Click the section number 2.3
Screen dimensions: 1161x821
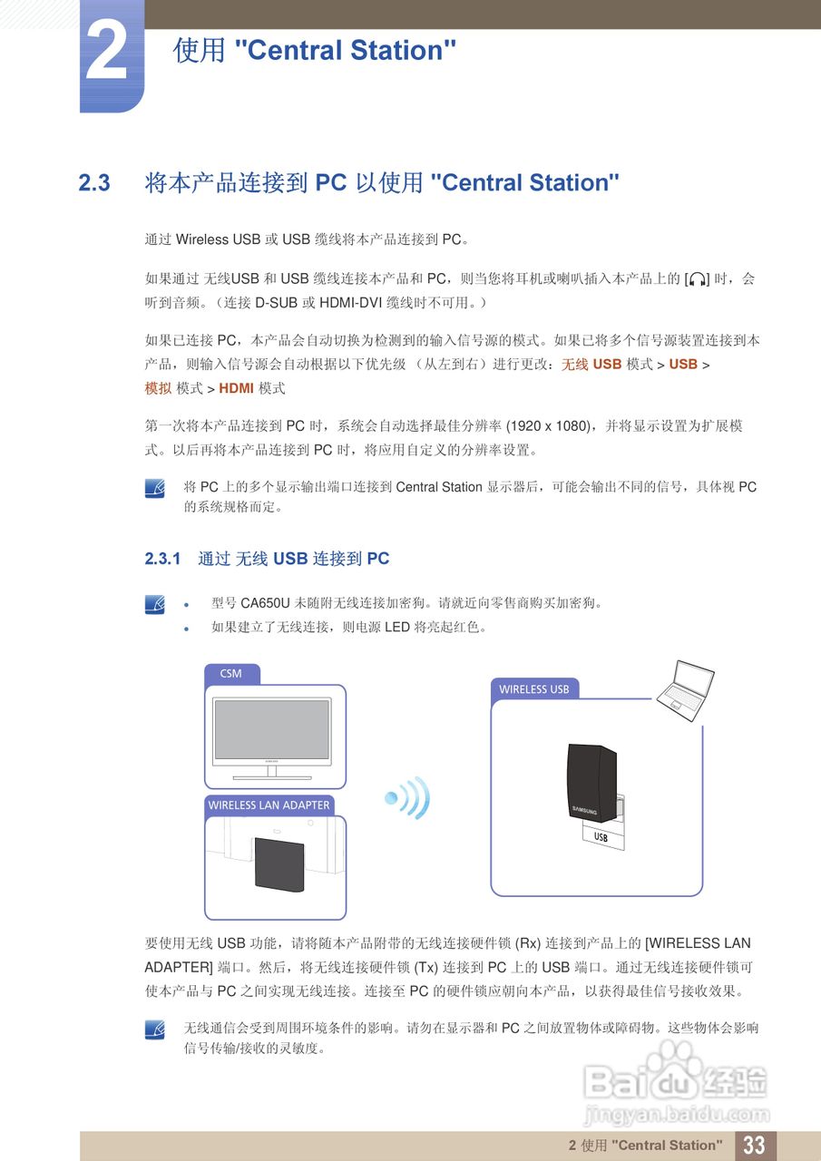coord(94,183)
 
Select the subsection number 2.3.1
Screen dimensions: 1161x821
coord(163,559)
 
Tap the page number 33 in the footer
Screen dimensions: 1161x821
coord(754,1145)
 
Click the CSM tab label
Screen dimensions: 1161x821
coord(231,674)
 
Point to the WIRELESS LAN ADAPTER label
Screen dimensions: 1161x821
coord(269,805)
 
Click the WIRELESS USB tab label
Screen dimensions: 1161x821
coord(533,689)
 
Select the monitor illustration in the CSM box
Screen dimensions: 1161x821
coord(271,736)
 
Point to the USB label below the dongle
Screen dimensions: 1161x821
coord(601,838)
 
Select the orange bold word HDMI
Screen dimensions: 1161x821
coord(236,388)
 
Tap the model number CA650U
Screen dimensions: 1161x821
coord(265,603)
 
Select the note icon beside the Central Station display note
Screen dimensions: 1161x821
coord(155,489)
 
